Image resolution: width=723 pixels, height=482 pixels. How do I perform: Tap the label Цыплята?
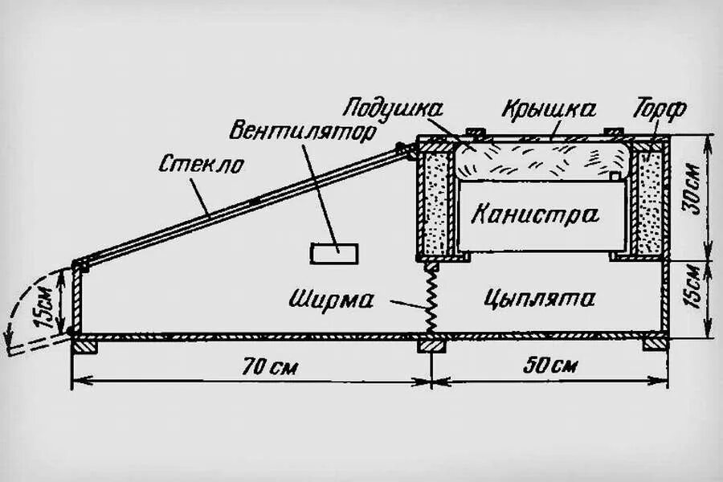(x=541, y=299)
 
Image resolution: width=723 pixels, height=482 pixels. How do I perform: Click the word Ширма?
(x=333, y=300)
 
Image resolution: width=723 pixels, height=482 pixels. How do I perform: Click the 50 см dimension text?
(x=550, y=366)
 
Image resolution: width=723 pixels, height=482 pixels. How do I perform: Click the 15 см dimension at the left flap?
(x=48, y=306)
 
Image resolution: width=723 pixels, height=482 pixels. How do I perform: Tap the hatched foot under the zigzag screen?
(x=431, y=345)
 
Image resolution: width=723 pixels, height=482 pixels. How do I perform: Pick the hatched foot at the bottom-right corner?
(x=655, y=344)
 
